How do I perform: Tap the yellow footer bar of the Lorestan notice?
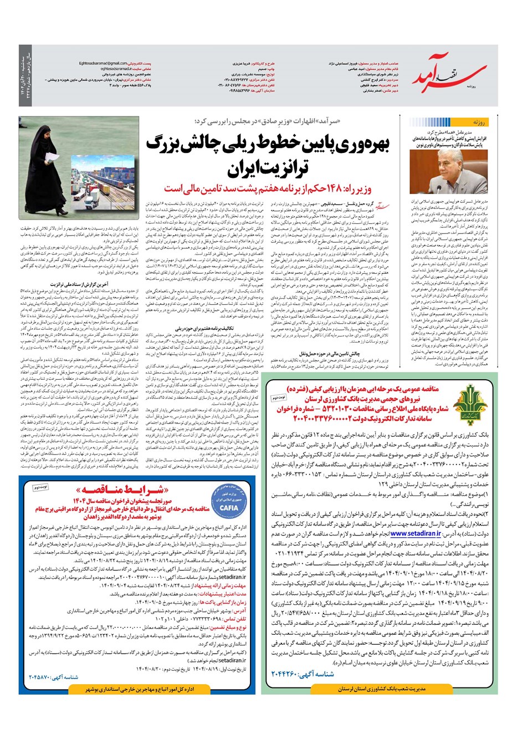pyautogui.click(x=380, y=689)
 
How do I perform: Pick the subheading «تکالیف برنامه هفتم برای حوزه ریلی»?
pyautogui.click(x=199, y=328)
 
